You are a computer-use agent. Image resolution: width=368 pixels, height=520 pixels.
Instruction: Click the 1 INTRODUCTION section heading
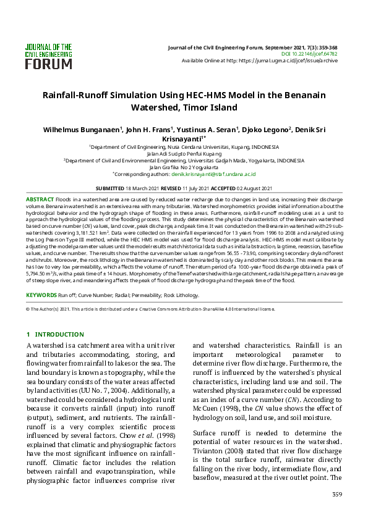55,334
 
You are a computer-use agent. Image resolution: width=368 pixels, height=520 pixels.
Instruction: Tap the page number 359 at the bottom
336,494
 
